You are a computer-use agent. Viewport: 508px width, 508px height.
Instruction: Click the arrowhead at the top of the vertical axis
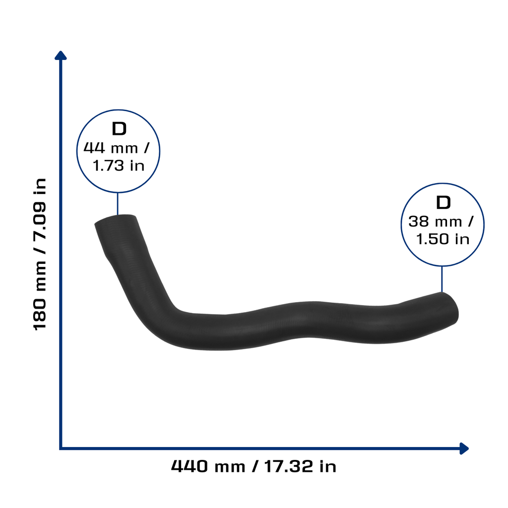click(61, 56)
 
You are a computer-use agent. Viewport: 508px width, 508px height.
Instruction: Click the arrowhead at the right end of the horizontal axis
click(464, 448)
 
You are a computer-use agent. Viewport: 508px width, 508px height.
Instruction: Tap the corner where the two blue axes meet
click(61, 448)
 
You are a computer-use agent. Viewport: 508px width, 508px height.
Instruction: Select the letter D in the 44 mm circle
click(119, 128)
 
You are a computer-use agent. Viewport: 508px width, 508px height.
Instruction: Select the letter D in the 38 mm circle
click(443, 202)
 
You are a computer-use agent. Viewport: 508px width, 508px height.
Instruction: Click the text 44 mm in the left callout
click(111, 148)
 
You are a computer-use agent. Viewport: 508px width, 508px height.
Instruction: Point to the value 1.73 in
click(119, 166)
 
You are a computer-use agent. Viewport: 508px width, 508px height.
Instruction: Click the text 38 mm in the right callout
click(435, 222)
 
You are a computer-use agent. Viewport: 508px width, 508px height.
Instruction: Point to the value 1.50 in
click(443, 239)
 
